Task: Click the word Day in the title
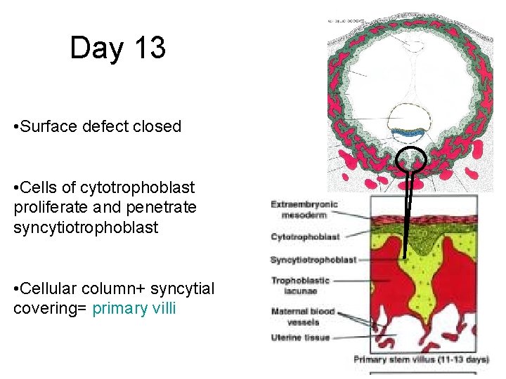pos(96,48)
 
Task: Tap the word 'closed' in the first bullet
pos(158,126)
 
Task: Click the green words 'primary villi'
pos(134,308)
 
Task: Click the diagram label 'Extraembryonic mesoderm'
pos(304,210)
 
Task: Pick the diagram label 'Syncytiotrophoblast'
pos(313,260)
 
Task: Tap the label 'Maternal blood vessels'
pos(303,317)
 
